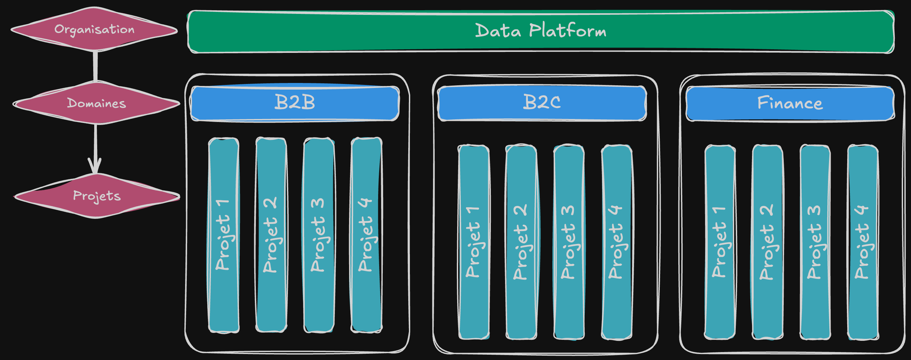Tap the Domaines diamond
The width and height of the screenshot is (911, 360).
(x=96, y=103)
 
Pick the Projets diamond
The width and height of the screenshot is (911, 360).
(x=97, y=196)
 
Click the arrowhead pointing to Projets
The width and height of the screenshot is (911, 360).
(x=95, y=166)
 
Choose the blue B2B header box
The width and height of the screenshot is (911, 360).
(x=295, y=103)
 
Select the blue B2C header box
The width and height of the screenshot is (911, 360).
(x=542, y=103)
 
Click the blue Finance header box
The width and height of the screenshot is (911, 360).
(x=790, y=103)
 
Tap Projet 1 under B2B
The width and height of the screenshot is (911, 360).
(x=223, y=235)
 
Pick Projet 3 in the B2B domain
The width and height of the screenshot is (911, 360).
(x=319, y=235)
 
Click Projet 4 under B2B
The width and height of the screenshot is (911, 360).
(x=366, y=235)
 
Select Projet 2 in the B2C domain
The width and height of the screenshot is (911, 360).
(x=521, y=242)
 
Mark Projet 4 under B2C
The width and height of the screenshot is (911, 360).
(x=616, y=242)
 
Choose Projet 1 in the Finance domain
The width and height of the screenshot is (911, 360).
(x=720, y=242)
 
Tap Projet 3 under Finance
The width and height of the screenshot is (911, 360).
(x=815, y=242)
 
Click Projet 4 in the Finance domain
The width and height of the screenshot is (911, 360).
(x=862, y=242)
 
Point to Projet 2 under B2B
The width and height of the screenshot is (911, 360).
(x=271, y=235)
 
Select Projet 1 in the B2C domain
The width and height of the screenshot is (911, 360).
(x=474, y=242)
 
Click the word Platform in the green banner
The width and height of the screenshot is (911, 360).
(x=568, y=31)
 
